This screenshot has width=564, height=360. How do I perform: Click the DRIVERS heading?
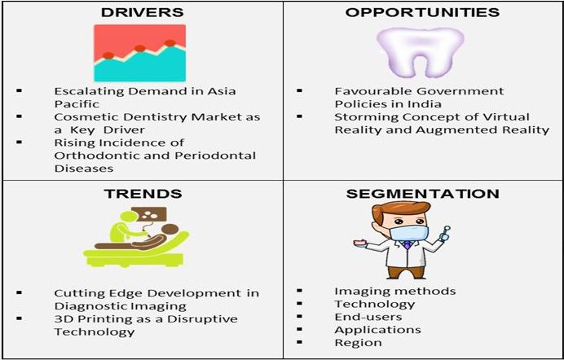(143, 12)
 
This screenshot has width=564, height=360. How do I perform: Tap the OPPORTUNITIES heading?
(422, 12)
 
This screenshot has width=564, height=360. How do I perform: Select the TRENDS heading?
(143, 194)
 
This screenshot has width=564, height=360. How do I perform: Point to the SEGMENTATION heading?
(422, 194)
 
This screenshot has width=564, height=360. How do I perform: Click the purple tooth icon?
(421, 51)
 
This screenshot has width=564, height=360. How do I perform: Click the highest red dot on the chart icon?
(170, 43)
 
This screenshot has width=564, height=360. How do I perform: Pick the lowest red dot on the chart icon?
(108, 55)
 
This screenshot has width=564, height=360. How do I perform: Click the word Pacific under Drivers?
(77, 103)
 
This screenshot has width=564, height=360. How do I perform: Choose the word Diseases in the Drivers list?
(84, 168)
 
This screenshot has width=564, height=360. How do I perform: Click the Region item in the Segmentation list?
(358, 343)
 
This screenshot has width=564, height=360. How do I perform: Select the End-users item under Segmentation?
(368, 317)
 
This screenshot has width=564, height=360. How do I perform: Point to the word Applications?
(377, 330)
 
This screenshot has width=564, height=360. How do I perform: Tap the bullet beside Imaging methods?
(300, 291)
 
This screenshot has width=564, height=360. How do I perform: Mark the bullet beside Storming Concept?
(300, 116)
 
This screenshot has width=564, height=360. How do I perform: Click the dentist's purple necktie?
(407, 245)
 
